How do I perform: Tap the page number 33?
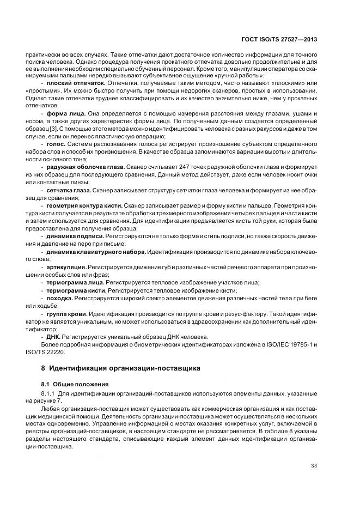point(314,465)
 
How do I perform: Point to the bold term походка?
point(59,299)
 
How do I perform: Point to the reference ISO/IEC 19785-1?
point(288,344)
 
